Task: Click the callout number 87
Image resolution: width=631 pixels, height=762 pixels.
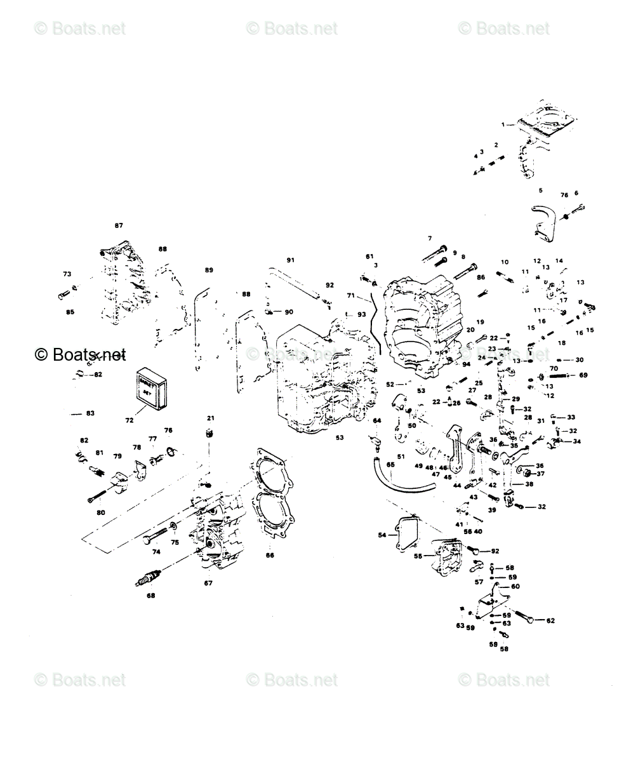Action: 119,225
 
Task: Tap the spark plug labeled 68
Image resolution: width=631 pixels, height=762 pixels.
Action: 147,579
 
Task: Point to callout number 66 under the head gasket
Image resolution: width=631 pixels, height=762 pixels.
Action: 270,554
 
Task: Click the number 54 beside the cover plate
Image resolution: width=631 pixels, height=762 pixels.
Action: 382,535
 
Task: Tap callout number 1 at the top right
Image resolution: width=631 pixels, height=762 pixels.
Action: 503,124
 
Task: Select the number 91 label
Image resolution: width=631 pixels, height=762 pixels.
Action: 290,260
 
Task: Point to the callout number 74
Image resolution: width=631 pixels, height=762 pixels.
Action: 156,552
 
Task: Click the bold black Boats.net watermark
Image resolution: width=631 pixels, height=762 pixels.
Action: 80,354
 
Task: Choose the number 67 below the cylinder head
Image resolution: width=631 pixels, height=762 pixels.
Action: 208,583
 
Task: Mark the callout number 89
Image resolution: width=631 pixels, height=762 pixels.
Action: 209,270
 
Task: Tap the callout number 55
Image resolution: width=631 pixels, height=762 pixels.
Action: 418,556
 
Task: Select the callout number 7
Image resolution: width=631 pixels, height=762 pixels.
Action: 430,238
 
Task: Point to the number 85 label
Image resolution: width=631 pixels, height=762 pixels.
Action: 70,312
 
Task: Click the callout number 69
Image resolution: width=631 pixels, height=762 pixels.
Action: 583,375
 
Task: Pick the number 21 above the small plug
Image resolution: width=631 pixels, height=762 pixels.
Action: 211,418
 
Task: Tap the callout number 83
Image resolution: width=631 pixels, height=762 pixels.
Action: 90,413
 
